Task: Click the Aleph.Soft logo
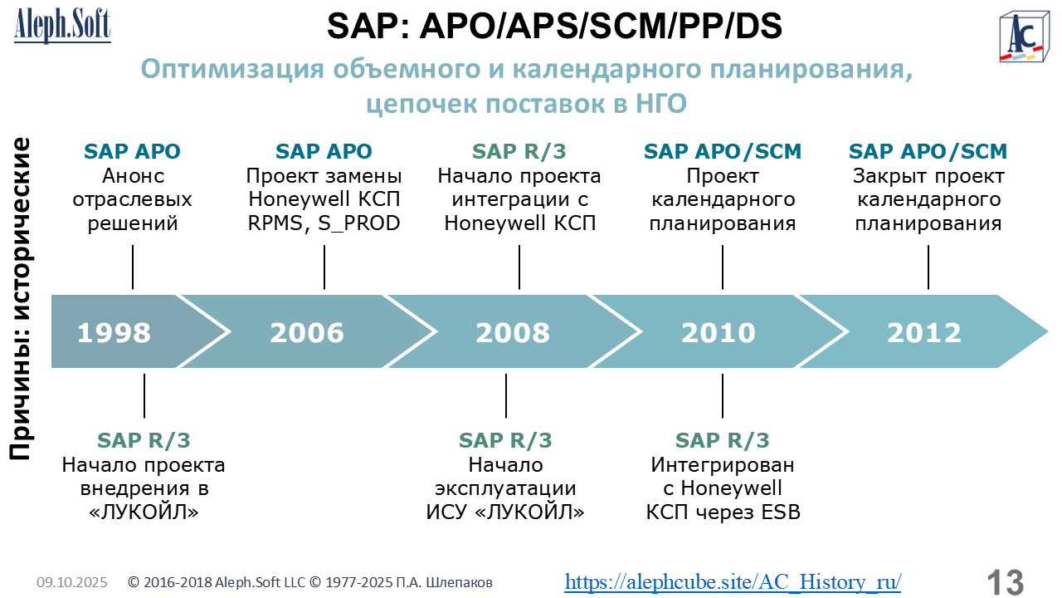tap(62, 25)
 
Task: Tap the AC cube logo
tap(1024, 37)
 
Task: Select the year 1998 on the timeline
tap(114, 332)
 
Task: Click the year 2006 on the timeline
tap(307, 332)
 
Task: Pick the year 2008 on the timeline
tap(513, 332)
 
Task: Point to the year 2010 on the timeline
tap(719, 332)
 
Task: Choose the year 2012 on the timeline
tap(924, 332)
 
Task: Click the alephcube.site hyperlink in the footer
tap(733, 582)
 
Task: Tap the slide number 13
tap(1005, 582)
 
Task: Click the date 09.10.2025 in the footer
tap(72, 582)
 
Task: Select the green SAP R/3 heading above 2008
tap(519, 151)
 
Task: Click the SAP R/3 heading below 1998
tap(144, 440)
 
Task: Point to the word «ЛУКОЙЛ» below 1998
tap(144, 512)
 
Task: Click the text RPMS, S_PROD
tap(324, 223)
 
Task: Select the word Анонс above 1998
tap(134, 176)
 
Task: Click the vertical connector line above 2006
tap(324, 267)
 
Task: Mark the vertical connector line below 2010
tap(723, 396)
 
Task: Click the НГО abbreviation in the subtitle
tap(661, 104)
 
